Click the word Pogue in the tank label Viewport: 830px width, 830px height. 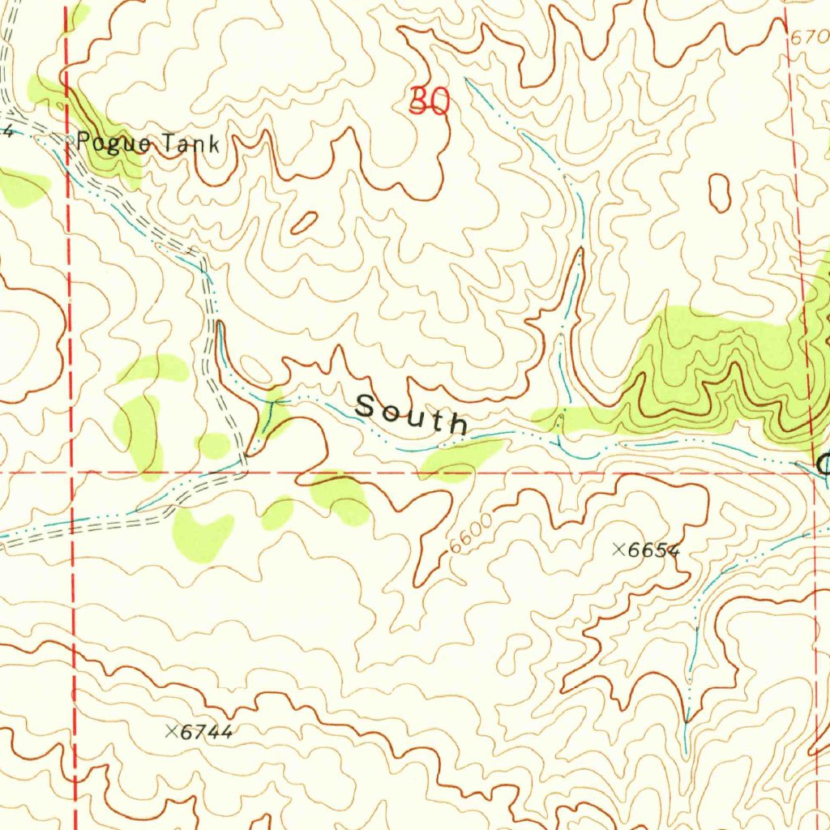click(113, 144)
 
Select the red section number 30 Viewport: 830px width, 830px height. click(429, 101)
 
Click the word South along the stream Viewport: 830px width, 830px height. click(412, 412)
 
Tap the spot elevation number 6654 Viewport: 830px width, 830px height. click(654, 550)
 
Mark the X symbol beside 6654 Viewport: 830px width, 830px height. click(618, 550)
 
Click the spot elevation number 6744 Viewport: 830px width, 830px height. click(207, 732)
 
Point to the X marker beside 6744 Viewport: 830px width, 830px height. click(171, 731)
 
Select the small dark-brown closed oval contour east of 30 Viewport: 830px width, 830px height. click(719, 193)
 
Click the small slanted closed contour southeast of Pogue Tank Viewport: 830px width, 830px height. click(303, 223)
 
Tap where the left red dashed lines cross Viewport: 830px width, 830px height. click(72, 470)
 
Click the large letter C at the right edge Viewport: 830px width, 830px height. click(823, 464)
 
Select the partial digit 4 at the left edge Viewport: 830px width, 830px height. click(6, 131)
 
